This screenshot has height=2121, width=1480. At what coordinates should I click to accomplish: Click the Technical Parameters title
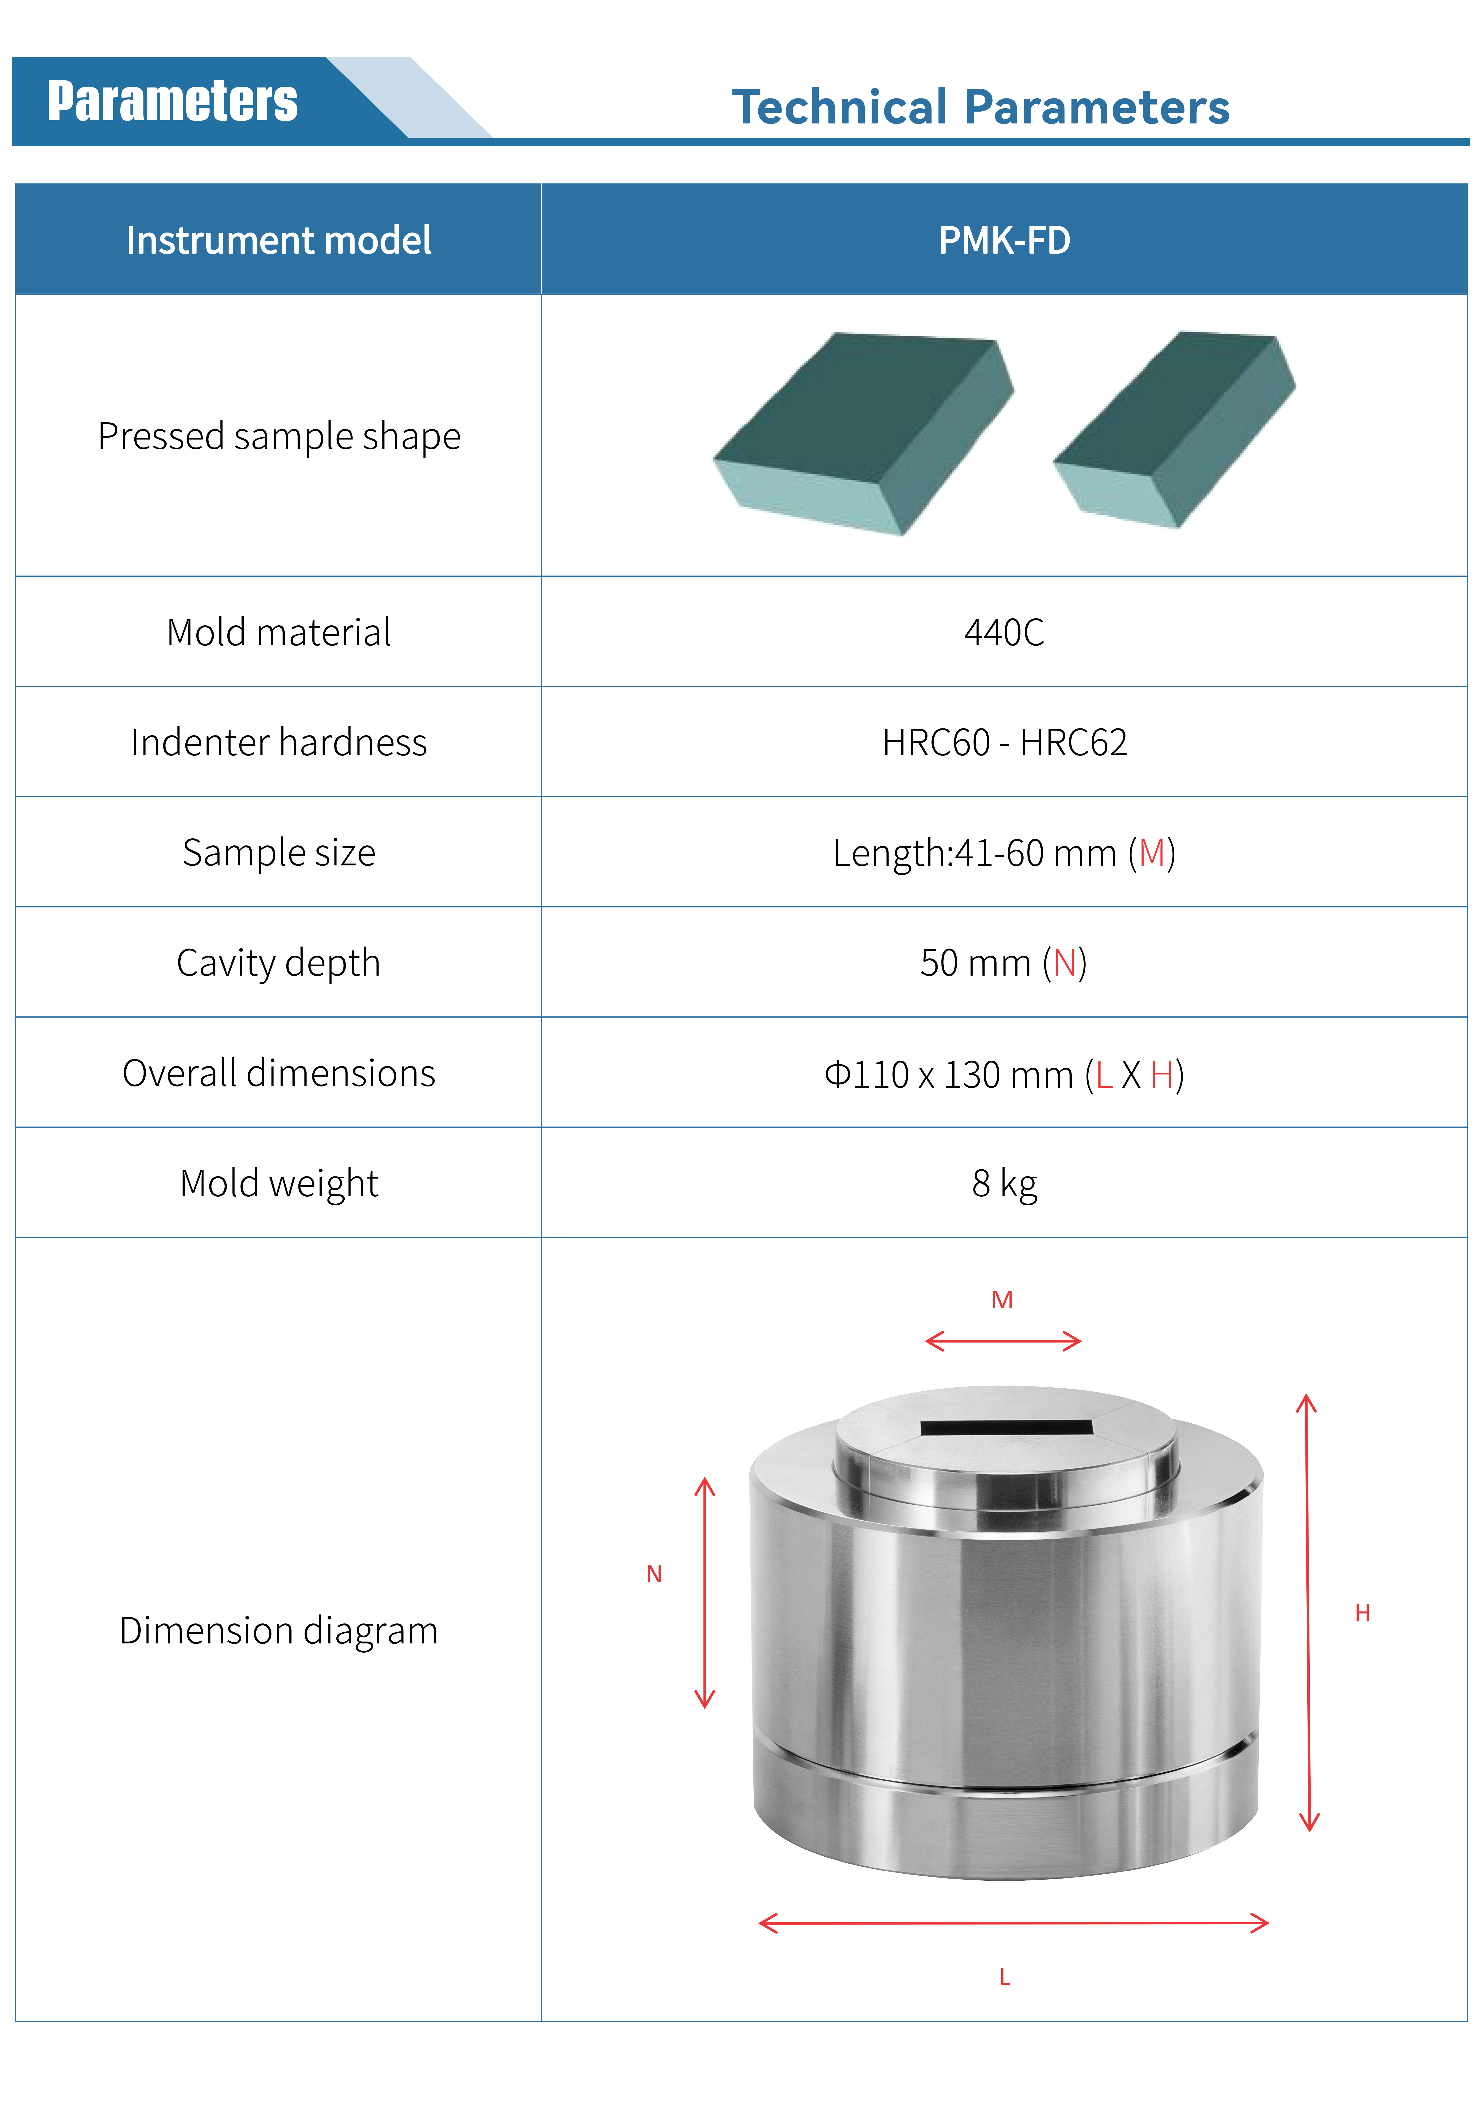pyautogui.click(x=980, y=107)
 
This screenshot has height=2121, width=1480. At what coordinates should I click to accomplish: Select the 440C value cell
pyautogui.click(x=1004, y=632)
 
